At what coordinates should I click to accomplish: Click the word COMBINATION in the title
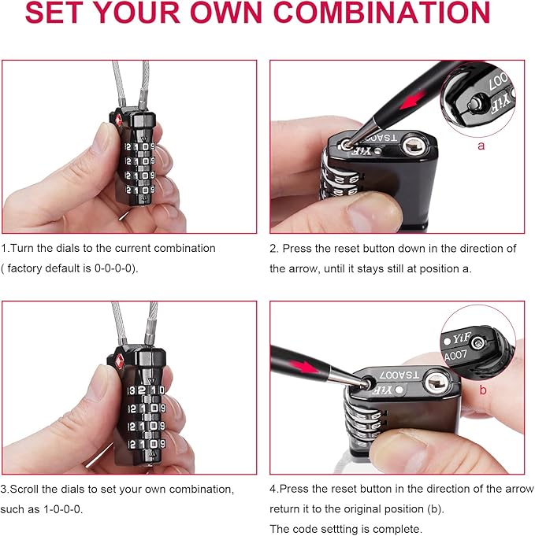(382, 13)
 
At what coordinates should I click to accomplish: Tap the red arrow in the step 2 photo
(413, 99)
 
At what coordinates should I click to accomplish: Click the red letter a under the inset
(481, 146)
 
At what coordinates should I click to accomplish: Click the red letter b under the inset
(483, 390)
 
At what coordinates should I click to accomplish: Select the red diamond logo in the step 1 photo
(118, 120)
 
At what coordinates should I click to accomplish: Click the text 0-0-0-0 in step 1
(113, 268)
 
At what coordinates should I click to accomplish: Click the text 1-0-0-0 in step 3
(62, 509)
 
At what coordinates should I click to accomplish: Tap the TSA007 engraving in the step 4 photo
(399, 375)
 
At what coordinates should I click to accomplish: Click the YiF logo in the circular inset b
(462, 338)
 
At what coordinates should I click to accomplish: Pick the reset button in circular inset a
(475, 103)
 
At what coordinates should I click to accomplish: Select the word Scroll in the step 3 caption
(24, 489)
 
